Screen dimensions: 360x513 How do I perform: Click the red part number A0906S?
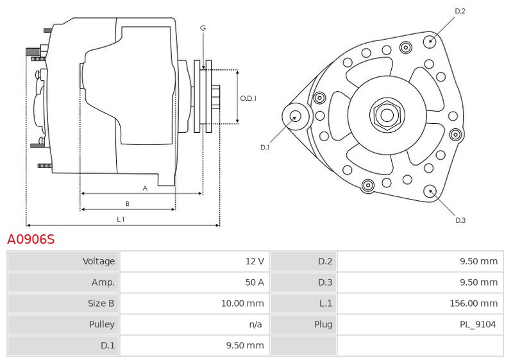point(31,240)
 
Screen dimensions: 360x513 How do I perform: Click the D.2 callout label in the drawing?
point(460,11)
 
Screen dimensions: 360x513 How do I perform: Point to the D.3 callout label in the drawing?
point(460,220)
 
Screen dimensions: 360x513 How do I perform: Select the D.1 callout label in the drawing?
point(265,148)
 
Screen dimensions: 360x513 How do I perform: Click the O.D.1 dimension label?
point(248,98)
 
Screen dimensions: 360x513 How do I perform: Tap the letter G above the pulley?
point(203,28)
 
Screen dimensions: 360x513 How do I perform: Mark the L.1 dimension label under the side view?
point(121,219)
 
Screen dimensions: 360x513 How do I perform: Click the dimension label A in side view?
point(145,188)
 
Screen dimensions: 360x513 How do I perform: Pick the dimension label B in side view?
point(127,203)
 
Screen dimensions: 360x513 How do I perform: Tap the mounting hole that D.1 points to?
point(296,116)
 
